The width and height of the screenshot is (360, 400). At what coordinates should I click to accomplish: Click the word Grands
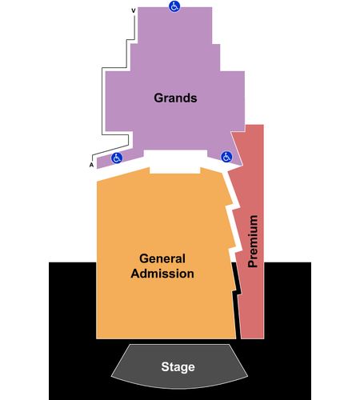point(175,98)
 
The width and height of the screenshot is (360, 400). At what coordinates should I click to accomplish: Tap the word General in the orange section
point(162,258)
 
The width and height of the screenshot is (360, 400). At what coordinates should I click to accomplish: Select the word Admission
point(162,274)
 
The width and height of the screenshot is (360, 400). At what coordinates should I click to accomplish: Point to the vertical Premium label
point(253,241)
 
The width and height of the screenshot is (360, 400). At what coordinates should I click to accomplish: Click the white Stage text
point(178,367)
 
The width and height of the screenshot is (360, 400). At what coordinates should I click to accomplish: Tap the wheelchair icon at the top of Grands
point(174,6)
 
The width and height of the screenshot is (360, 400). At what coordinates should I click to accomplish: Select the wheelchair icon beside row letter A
point(117,158)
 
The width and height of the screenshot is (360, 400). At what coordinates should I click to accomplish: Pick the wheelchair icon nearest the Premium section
point(226,157)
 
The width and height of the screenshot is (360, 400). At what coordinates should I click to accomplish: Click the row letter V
point(134,10)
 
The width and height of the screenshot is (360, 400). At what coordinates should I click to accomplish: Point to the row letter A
point(91,165)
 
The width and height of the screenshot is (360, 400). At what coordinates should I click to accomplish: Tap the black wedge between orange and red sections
point(237,302)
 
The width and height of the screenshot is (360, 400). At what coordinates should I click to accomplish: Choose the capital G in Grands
point(158,98)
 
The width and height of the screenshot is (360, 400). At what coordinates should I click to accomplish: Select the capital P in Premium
point(253,263)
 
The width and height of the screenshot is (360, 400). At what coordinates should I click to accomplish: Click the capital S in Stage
point(165,366)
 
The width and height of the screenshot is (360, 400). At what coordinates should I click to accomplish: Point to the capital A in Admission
point(135,274)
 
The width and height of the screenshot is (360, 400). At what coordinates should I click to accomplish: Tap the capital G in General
point(144,258)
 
